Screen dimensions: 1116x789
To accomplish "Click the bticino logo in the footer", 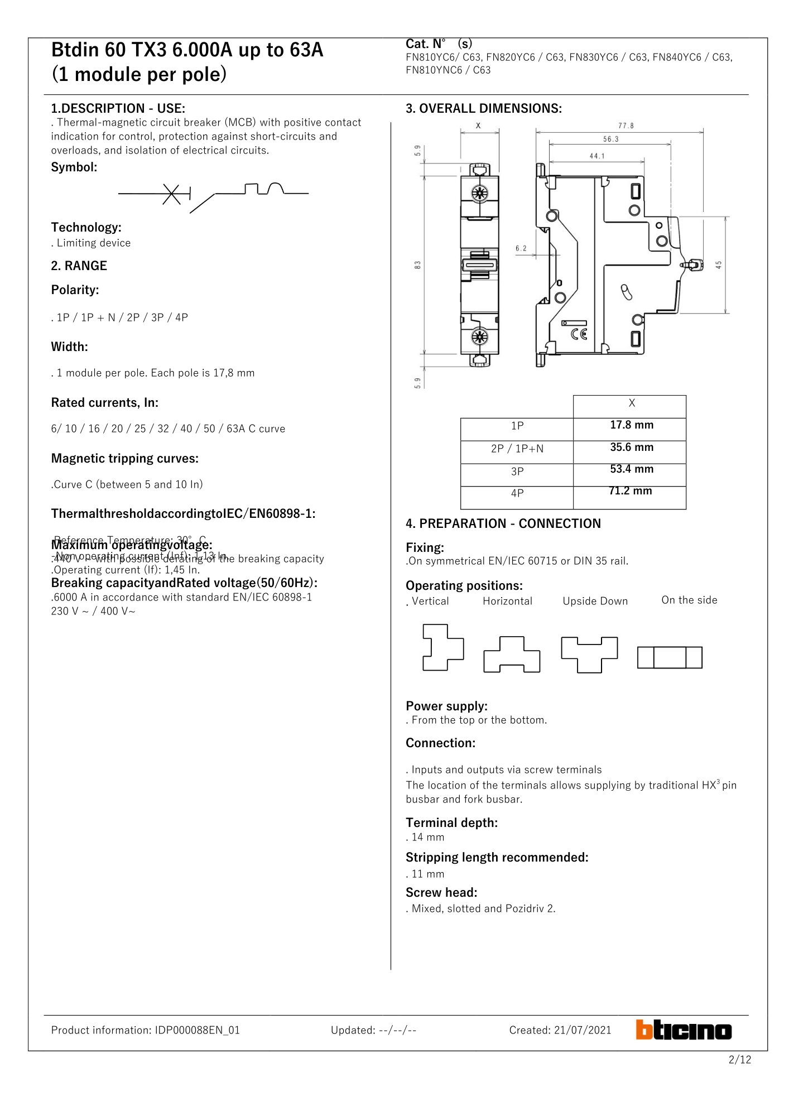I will [684, 1030].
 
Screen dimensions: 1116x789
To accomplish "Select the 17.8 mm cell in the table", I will [631, 425].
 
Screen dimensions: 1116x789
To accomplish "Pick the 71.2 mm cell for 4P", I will [631, 491].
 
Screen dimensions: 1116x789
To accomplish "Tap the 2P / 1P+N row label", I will [517, 449].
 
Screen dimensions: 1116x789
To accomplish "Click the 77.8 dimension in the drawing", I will [626, 126].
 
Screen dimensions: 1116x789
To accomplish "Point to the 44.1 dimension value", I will [597, 156].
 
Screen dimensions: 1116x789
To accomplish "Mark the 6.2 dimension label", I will [521, 248].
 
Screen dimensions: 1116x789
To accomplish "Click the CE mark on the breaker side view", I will [579, 334].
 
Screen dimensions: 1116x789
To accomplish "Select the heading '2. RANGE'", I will [79, 266].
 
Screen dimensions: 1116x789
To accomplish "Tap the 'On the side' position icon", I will [670, 657].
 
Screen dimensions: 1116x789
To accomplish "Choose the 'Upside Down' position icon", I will [589, 654].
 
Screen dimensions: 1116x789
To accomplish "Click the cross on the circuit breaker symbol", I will [172, 194].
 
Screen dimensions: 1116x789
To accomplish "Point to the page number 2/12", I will [739, 1060].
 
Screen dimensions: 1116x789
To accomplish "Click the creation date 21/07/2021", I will [583, 1030].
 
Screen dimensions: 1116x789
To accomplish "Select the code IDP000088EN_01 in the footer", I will [197, 1030].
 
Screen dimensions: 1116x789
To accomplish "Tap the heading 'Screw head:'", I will [441, 892].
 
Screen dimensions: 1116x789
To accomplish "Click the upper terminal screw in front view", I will [479, 194].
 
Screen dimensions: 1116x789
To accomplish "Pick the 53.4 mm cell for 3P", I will [631, 469].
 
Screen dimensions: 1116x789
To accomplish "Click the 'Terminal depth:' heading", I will [451, 822].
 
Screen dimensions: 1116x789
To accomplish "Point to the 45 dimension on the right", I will [719, 264].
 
